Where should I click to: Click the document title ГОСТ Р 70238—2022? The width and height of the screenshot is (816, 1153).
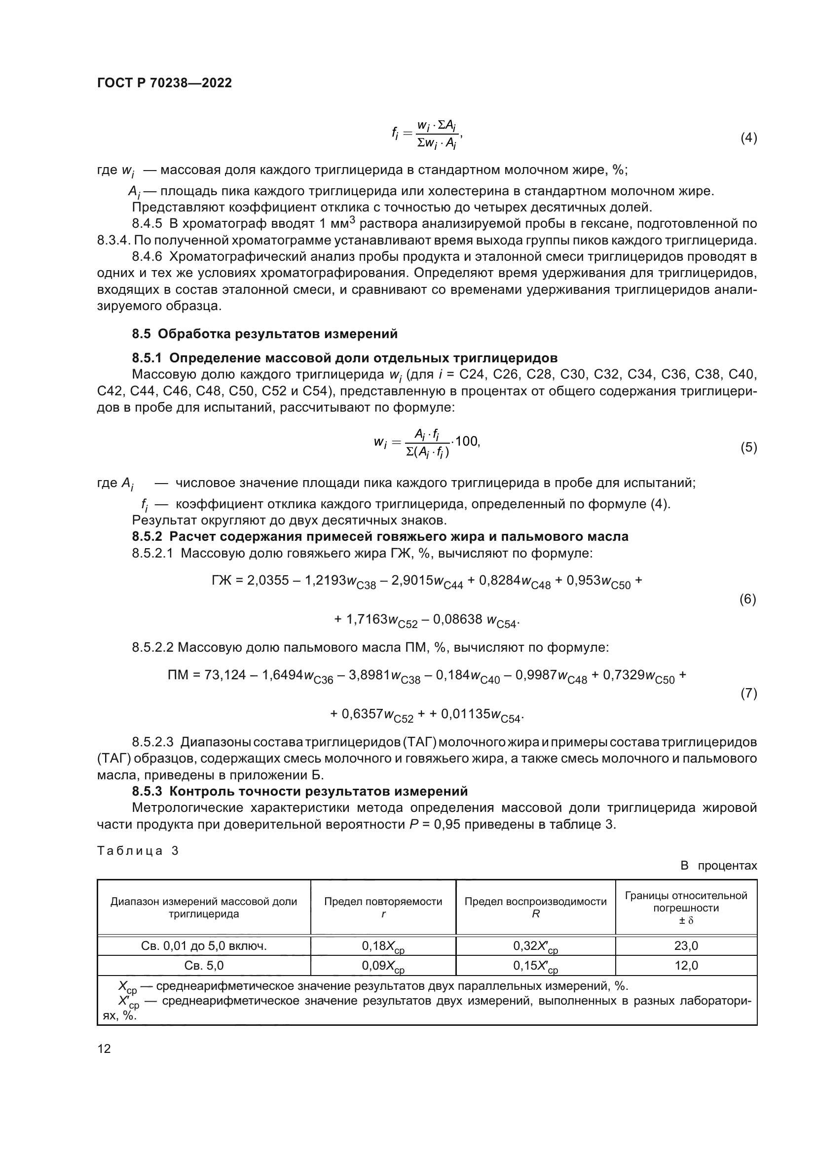tap(164, 83)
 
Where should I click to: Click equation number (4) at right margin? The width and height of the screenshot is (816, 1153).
tap(748, 138)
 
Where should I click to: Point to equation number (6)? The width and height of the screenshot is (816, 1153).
tap(747, 599)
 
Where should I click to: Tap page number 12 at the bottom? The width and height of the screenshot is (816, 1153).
tap(104, 1048)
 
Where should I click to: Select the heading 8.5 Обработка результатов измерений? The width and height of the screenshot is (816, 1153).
tap(264, 333)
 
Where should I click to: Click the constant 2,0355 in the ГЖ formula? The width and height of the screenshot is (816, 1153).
tap(268, 581)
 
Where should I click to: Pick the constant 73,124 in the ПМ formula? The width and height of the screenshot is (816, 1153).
tap(225, 675)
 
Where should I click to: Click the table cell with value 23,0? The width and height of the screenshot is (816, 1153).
tap(686, 946)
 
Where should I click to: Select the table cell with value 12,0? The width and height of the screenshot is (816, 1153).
tap(686, 965)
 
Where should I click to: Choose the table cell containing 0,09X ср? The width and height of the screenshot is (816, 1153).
tap(383, 966)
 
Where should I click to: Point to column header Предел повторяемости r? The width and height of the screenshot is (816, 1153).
tap(383, 908)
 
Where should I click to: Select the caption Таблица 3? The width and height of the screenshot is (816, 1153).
tap(138, 851)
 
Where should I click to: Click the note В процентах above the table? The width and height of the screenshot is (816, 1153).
tap(718, 865)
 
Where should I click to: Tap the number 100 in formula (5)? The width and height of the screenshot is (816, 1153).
tap(467, 441)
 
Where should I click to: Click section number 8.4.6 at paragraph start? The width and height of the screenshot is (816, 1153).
tap(147, 257)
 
